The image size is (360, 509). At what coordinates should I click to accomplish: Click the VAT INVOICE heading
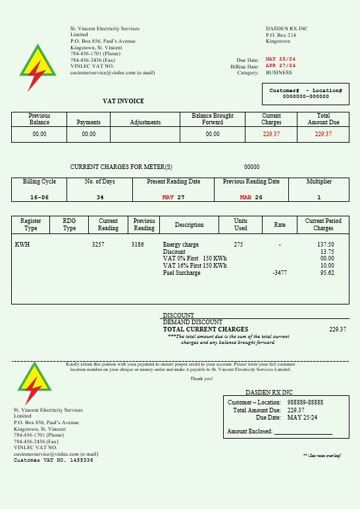coord(123,101)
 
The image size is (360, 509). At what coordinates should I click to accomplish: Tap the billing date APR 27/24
coord(280,66)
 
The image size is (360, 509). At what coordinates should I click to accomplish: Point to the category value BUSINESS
coord(278,73)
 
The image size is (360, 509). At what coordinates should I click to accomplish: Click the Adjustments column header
coord(145,122)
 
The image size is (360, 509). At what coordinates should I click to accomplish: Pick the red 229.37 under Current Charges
coord(271,134)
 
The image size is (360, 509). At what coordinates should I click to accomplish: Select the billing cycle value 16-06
coord(39,197)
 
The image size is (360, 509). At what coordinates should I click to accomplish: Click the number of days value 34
coord(100,197)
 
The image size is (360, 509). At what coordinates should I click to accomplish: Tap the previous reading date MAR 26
coord(251,197)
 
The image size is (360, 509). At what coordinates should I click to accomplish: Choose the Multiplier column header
coord(319,182)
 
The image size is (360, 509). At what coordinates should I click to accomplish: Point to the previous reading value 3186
coord(138,245)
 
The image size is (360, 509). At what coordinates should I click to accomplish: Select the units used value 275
coord(238,245)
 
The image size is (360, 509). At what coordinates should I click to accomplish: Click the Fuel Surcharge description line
coord(182,273)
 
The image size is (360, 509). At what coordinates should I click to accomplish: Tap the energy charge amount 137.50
coord(326,245)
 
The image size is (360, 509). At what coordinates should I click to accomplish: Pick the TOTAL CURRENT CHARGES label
coord(205,329)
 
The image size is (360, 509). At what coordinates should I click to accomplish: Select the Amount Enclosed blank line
coord(303,432)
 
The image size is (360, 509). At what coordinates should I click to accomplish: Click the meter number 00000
coord(251,167)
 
